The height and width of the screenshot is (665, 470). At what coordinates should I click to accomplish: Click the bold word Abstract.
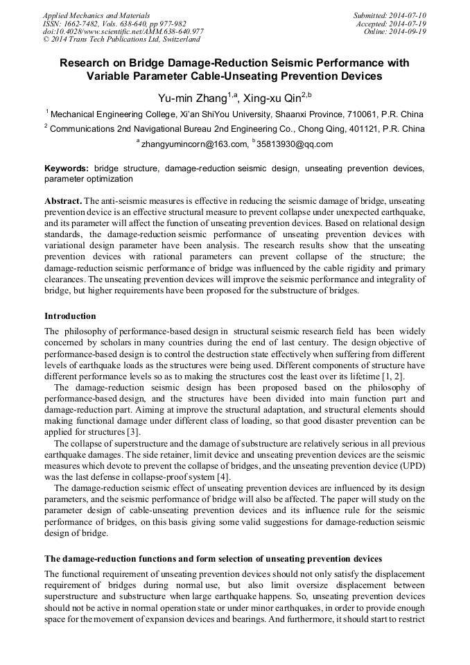pyautogui.click(x=63, y=200)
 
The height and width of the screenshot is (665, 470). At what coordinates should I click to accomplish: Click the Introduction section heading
pyautogui.click(x=70, y=316)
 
